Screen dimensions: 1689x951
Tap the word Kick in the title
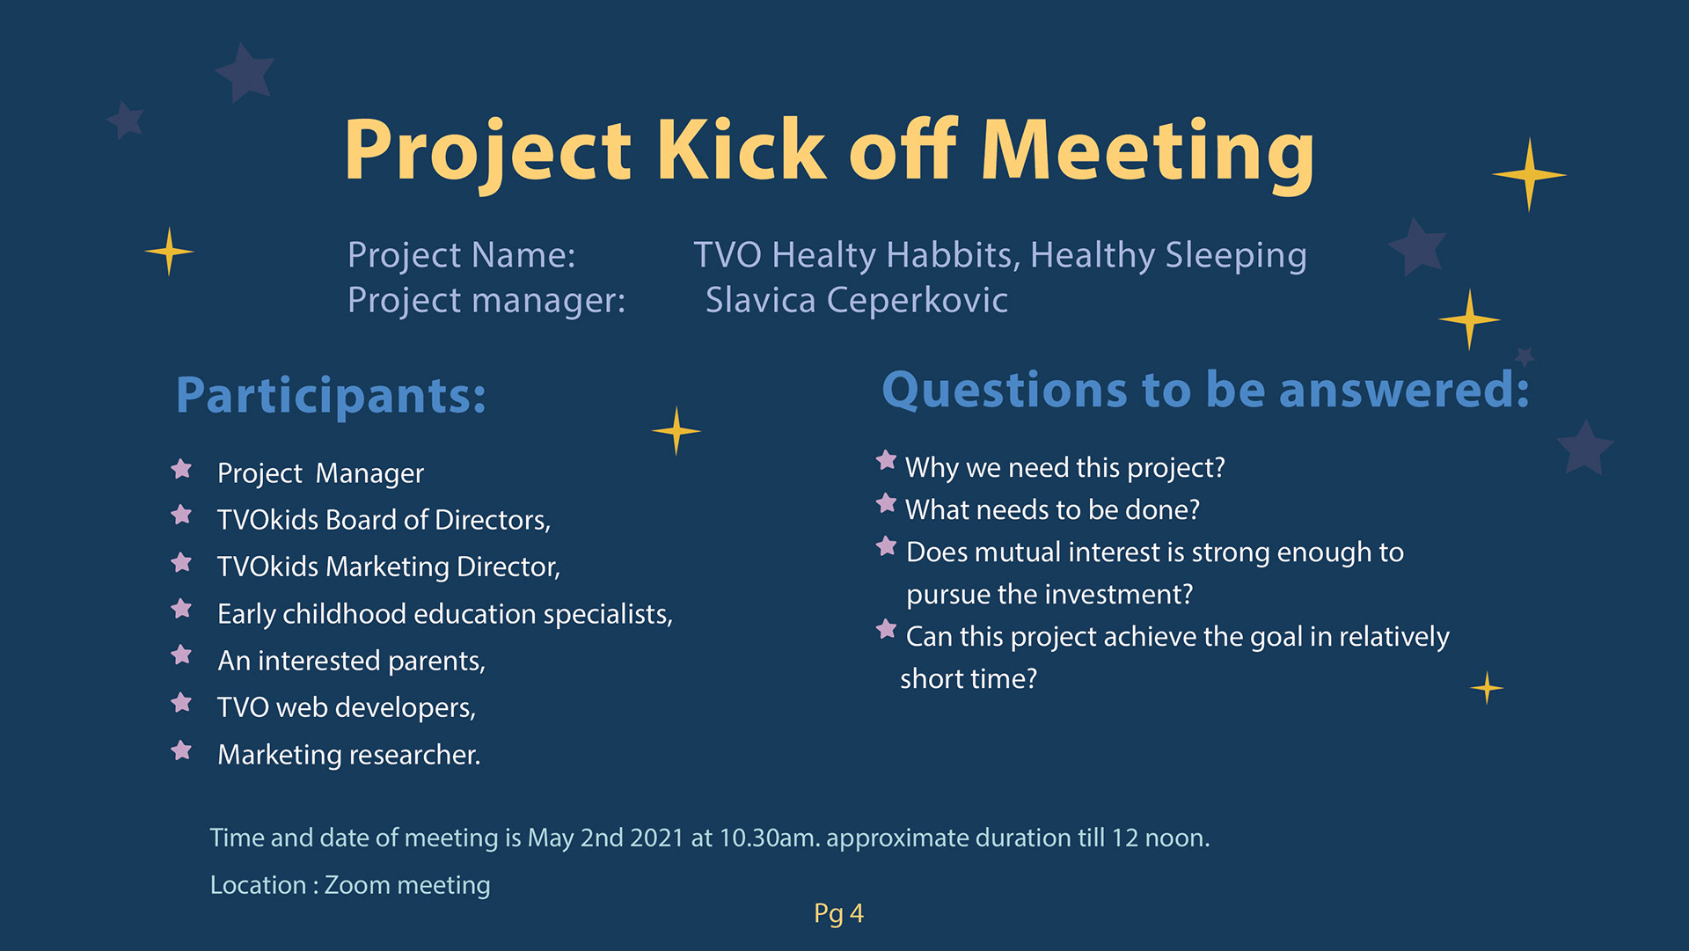click(741, 149)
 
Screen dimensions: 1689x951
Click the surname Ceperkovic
click(917, 300)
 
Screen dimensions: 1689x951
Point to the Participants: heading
click(331, 396)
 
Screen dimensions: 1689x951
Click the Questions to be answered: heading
click(1206, 390)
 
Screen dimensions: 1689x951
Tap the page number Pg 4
click(838, 914)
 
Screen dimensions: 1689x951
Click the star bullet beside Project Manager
click(181, 469)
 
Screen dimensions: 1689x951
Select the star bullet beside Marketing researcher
click(181, 750)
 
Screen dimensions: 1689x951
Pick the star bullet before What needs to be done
click(886, 504)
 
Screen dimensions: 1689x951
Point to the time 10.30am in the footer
click(770, 838)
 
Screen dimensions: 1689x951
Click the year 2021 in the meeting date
click(657, 838)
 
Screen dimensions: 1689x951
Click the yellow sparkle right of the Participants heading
click(676, 431)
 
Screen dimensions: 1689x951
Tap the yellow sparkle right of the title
click(1529, 174)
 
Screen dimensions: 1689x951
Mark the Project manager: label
click(486, 301)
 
